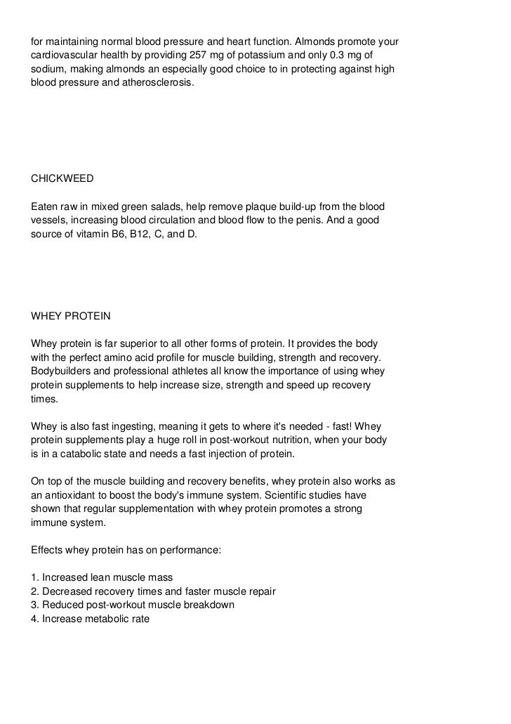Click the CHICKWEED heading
coord(62,178)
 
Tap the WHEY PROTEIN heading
coord(71,316)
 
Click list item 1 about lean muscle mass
coord(102,577)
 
